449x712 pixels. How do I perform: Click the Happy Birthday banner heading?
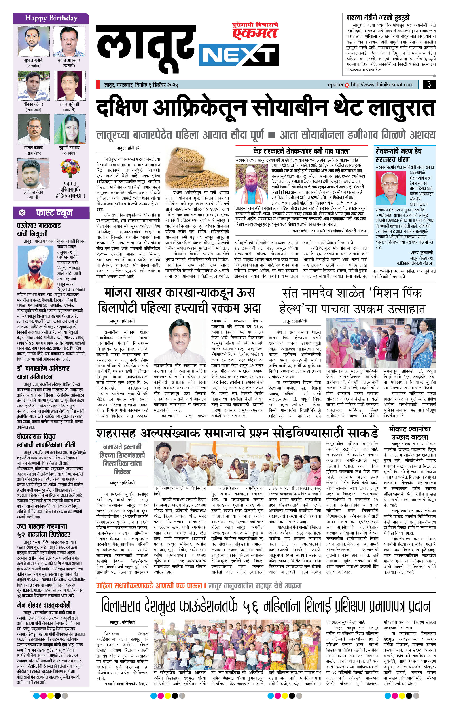[51, 18]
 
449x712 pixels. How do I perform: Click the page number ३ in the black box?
[429, 85]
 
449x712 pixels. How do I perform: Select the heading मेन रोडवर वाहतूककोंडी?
[44, 605]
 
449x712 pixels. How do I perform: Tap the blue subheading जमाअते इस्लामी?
[122, 447]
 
